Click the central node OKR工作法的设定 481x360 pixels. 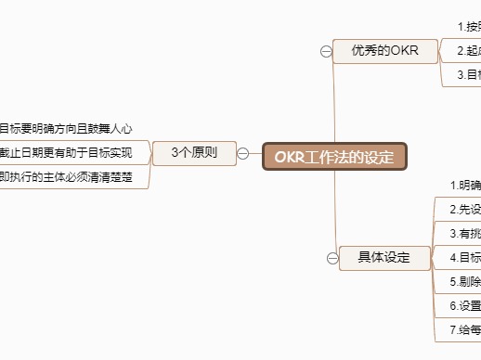(334, 157)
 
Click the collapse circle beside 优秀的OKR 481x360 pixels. (326, 51)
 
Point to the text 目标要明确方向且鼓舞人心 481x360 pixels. (71, 129)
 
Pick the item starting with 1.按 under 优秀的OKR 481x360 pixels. (469, 27)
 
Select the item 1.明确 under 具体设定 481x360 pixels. (464, 186)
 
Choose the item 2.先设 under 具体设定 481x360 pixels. (464, 210)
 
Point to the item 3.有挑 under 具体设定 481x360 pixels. (464, 234)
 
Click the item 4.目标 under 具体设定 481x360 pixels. (464, 257)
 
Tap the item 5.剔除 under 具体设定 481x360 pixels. (464, 281)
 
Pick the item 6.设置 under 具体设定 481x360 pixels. (464, 305)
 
